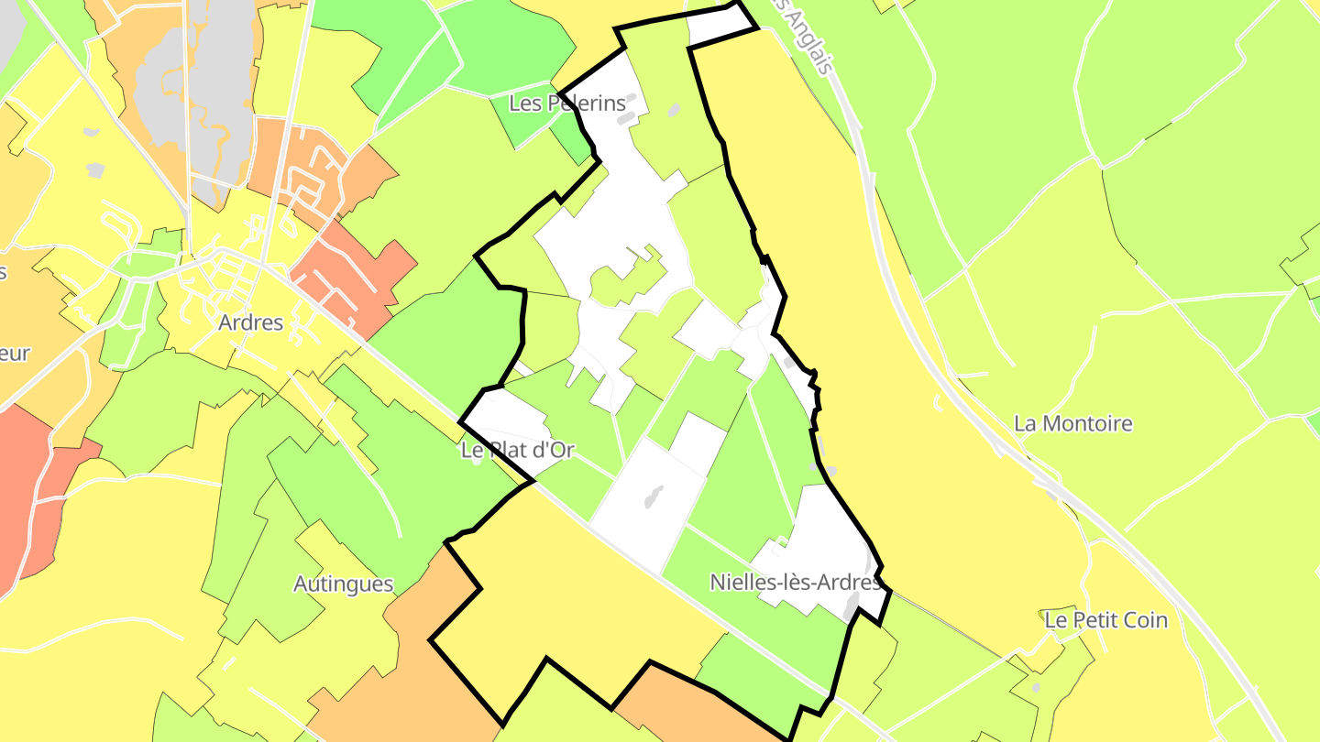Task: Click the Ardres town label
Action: (x=250, y=322)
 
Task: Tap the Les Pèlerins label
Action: (x=566, y=103)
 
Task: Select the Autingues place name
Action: (x=343, y=584)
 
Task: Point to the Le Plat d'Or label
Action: (x=517, y=450)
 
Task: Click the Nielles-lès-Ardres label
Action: (x=795, y=582)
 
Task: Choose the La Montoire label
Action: (x=1072, y=423)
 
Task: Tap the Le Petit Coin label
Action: (x=1105, y=620)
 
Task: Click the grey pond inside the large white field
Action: (x=654, y=497)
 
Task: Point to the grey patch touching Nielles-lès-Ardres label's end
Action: (x=852, y=605)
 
